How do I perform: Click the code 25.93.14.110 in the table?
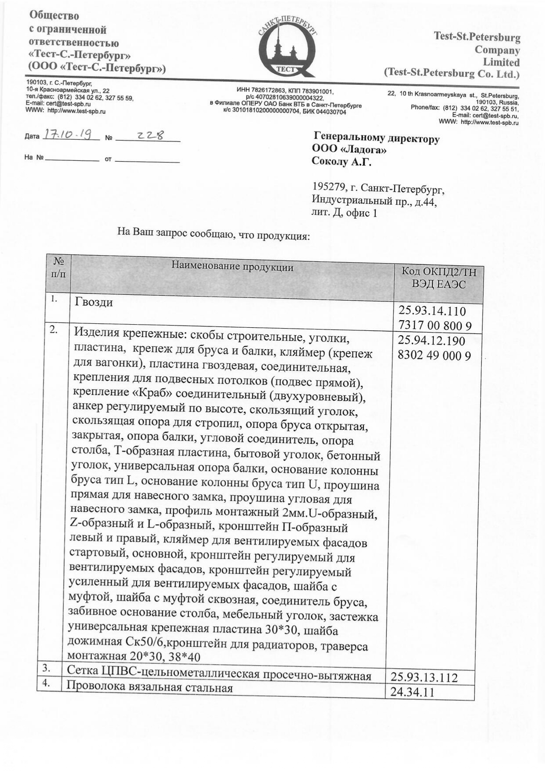tap(432, 311)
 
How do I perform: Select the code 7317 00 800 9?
tap(435, 326)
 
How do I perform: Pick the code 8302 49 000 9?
tap(434, 355)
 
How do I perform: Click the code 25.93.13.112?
tap(424, 677)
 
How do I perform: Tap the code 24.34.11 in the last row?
tap(412, 692)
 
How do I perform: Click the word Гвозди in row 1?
tap(94, 302)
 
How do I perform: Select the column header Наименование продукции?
tap(232, 266)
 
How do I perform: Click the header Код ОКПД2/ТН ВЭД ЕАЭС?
tap(438, 278)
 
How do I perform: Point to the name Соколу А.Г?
tap(341, 162)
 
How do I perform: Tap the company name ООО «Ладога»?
tap(349, 149)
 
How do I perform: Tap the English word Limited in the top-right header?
tap(501, 62)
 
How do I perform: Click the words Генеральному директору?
tap(376, 138)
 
